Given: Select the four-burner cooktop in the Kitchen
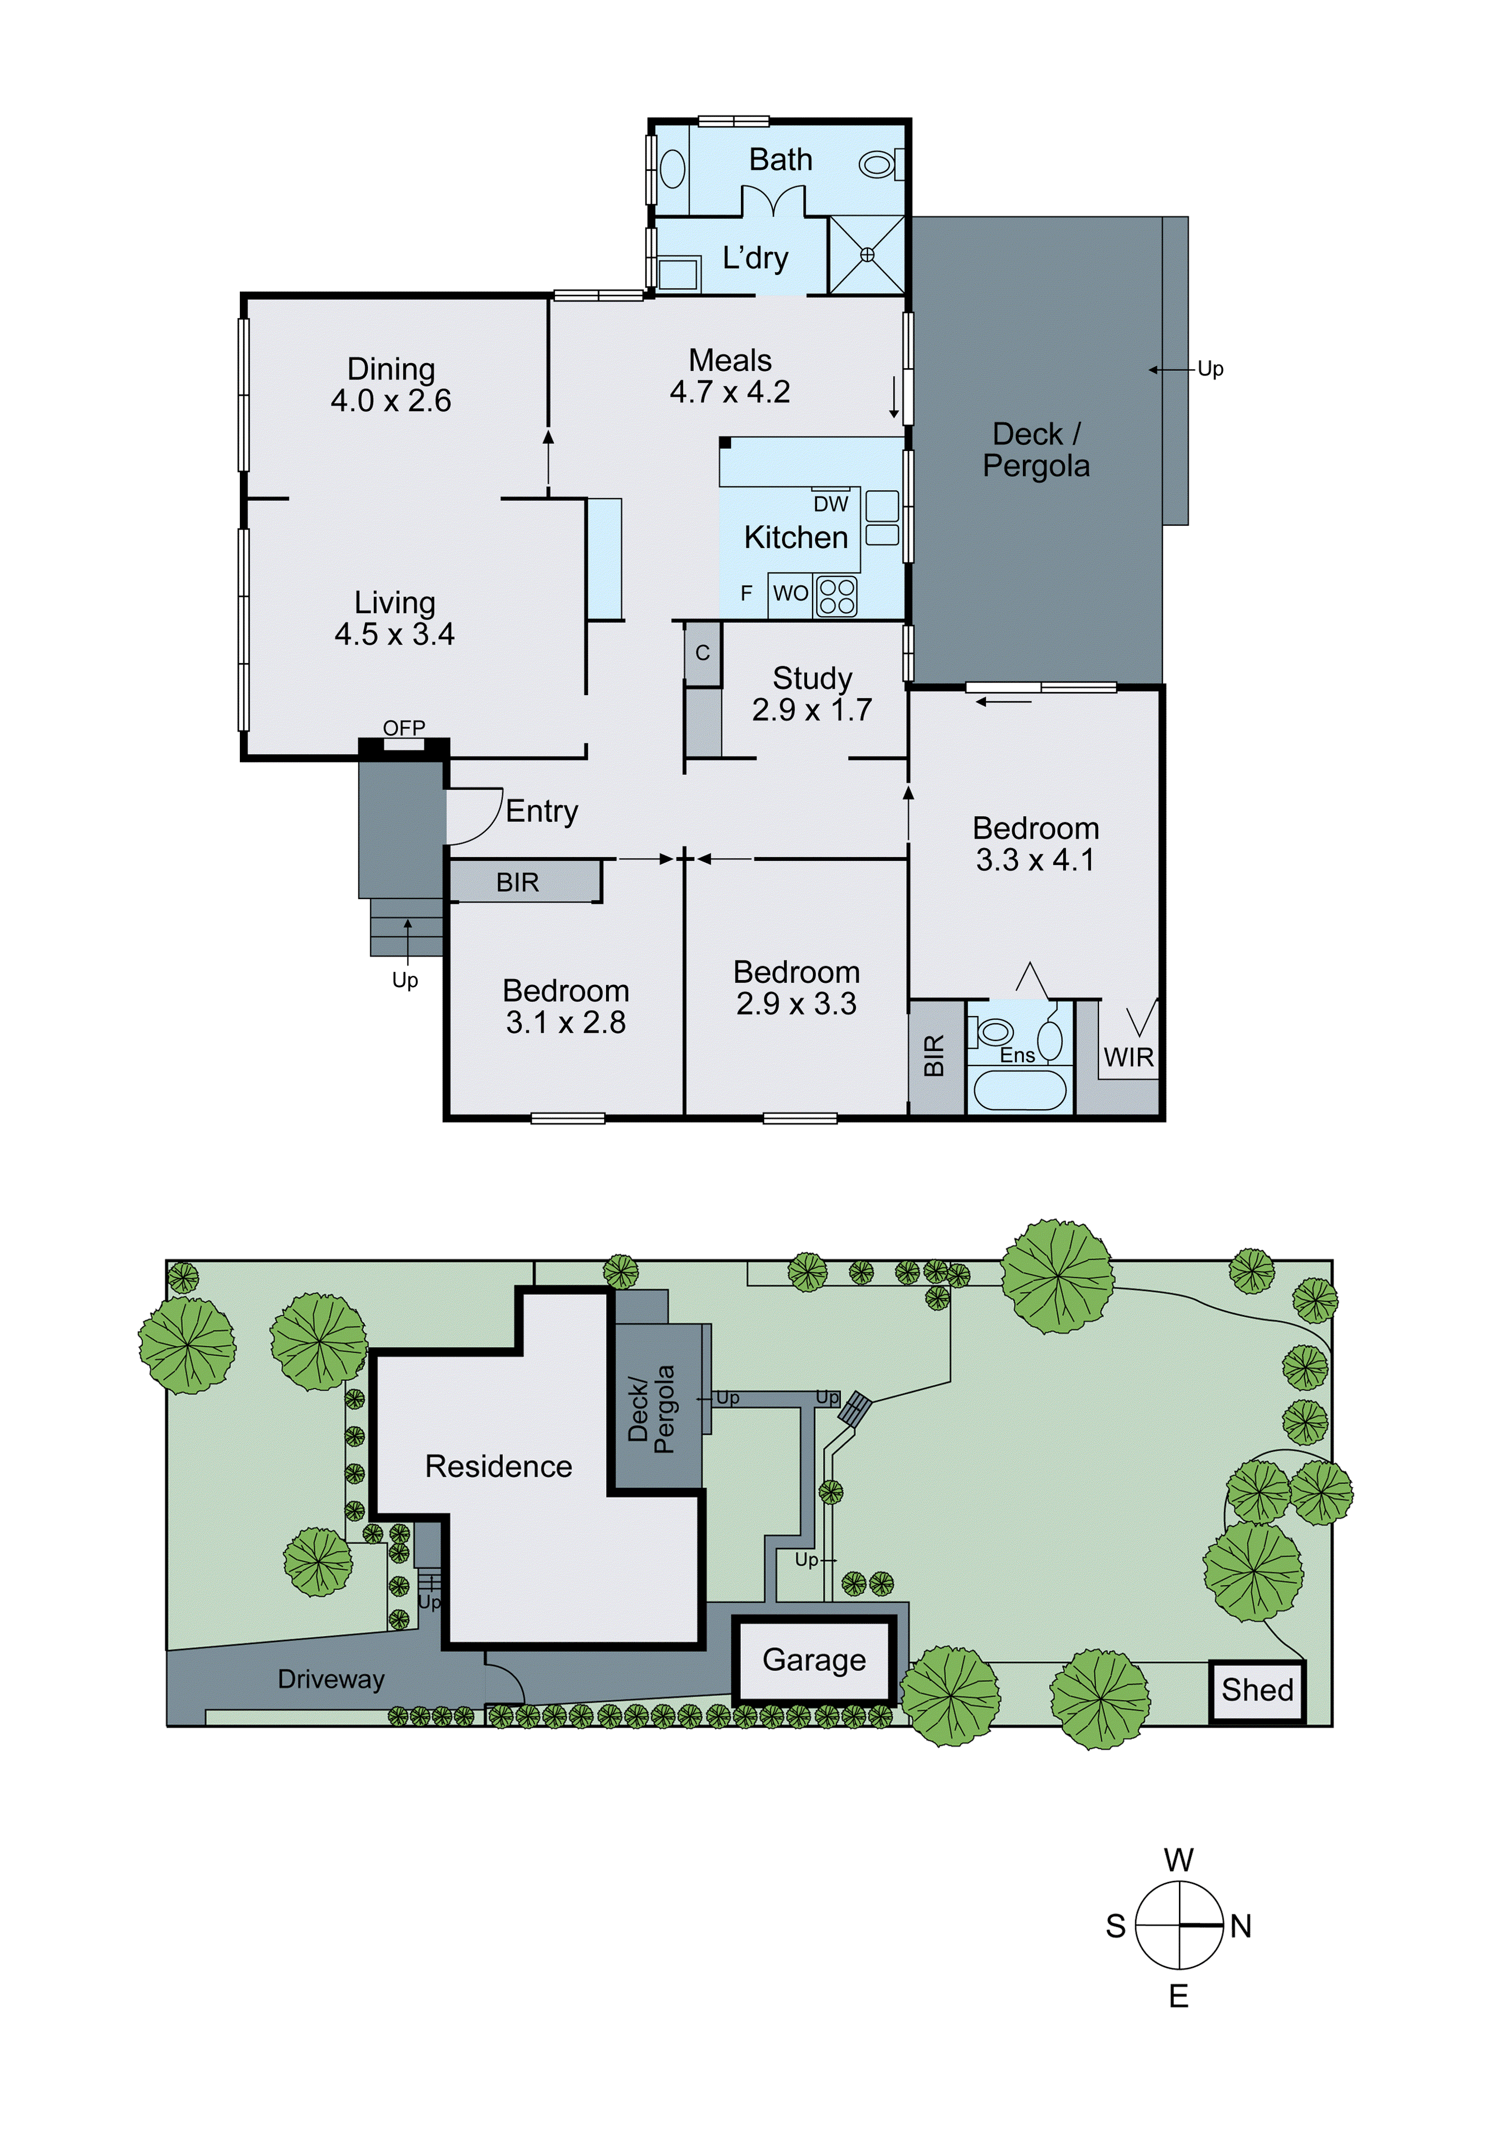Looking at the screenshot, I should pos(836,596).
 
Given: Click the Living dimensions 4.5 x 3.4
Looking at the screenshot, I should pos(394,634).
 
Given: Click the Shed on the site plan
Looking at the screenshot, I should pos(1257,1690).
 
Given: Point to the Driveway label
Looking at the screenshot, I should pos(331,1680).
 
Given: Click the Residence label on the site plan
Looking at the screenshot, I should pos(498,1466).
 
